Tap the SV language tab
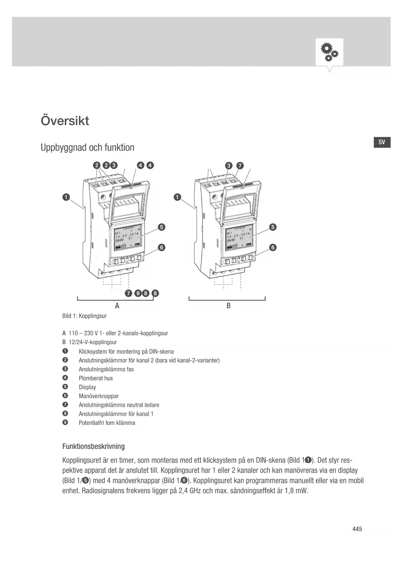382,142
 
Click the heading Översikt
65,121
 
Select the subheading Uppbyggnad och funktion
87,148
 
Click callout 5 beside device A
161,227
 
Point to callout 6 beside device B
273,248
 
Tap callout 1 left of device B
177,197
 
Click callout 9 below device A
138,293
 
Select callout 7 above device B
240,166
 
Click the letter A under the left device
117,306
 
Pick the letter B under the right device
229,306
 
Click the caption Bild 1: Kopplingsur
84,316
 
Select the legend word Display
87,387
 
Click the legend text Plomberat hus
96,378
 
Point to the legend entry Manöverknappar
99,396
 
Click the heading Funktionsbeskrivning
94,447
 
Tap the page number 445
357,529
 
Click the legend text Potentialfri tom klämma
107,423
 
